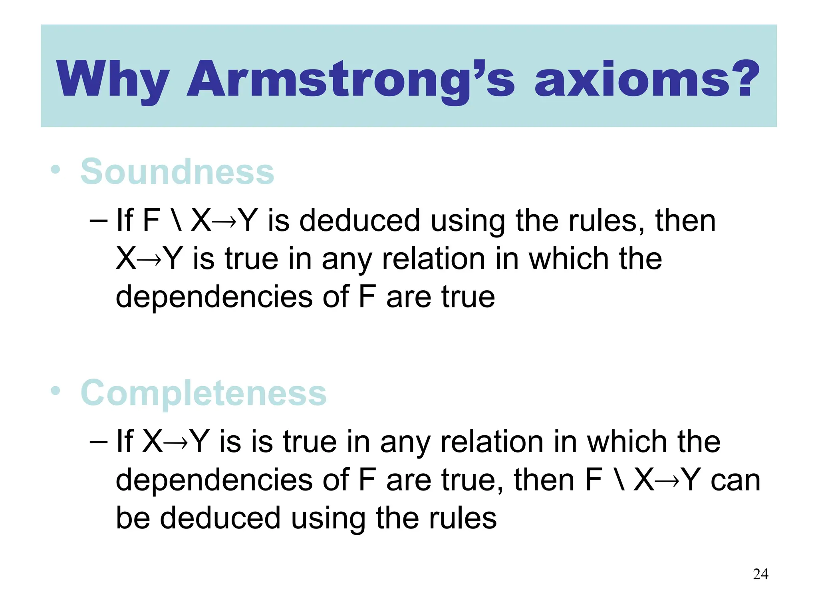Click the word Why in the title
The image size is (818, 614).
click(x=113, y=79)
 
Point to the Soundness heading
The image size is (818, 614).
click(x=177, y=172)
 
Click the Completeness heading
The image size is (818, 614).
click(x=203, y=393)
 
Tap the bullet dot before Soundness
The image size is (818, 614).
click(x=56, y=169)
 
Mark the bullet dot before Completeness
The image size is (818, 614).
click(x=56, y=391)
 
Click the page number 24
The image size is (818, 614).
click(x=760, y=574)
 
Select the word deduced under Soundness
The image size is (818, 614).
click(x=359, y=221)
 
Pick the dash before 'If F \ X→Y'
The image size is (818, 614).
click(x=99, y=221)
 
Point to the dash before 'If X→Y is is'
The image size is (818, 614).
click(x=99, y=442)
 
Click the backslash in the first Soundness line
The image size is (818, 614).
click(x=175, y=221)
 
